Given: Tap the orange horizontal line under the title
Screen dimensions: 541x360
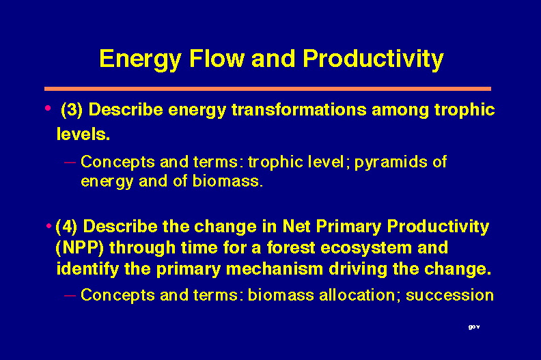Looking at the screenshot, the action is pos(268,89).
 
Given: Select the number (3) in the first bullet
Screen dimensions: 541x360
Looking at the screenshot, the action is pos(72,110).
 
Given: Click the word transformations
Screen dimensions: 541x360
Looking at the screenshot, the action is pos(299,110).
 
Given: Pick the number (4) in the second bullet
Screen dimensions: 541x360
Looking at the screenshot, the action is pos(66,227).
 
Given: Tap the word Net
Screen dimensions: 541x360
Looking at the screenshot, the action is pos(296,226).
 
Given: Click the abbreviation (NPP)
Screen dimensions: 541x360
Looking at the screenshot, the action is pos(80,248).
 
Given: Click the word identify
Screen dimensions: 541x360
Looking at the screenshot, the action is pos(87,269).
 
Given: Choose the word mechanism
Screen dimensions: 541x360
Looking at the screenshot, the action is pos(275,268).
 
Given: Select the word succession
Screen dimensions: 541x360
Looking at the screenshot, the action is pos(449,296).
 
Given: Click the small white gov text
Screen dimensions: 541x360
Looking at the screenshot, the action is pos(474,327).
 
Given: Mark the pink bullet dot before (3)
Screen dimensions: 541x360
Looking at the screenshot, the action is pos(48,109).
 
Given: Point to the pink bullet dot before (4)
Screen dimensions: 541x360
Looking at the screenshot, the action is pos(49,226).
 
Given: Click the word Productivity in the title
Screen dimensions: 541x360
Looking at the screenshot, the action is pos(373,59).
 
